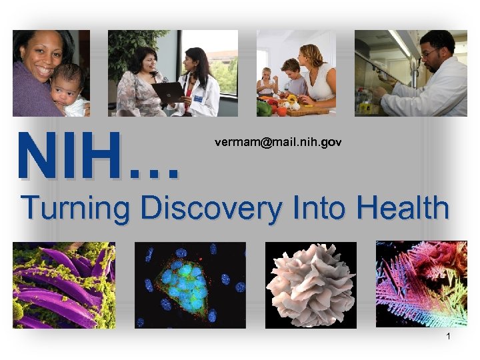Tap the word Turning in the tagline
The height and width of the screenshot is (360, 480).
click(x=76, y=209)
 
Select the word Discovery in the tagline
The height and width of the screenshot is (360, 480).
click(x=211, y=209)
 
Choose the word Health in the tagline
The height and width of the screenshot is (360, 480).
click(x=403, y=209)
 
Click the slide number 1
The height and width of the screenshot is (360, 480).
click(x=449, y=337)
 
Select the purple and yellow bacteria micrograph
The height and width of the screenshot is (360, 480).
click(x=64, y=285)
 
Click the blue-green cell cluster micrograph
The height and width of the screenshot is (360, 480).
click(x=190, y=285)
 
